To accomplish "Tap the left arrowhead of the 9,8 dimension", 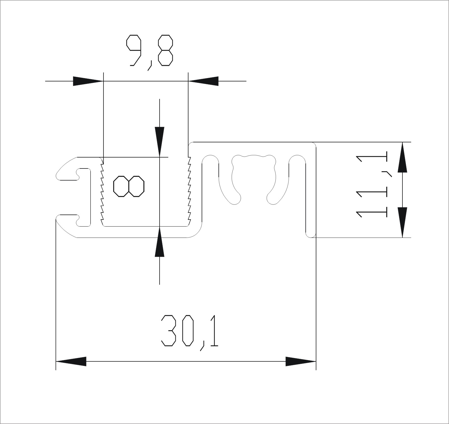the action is pos(88,81).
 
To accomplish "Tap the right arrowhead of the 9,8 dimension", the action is pos(203,81).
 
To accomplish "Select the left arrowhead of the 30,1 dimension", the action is pos(71,361).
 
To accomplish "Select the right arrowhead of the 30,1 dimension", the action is pos(301,361).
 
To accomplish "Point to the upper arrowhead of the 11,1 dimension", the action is pos(402,157).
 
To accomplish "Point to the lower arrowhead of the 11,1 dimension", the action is pos(402,222).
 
